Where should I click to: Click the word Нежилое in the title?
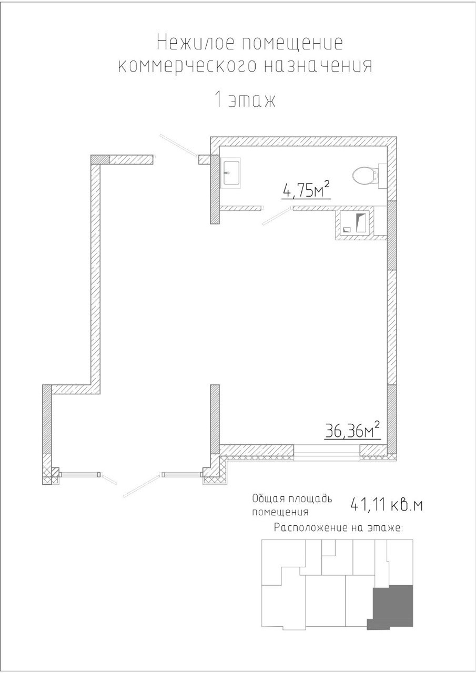point(195,43)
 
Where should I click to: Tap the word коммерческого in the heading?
point(187,66)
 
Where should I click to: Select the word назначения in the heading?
point(319,66)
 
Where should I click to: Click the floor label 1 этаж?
point(245,100)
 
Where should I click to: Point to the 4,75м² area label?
point(306,190)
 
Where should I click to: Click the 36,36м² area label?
point(352,431)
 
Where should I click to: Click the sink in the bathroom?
point(230,174)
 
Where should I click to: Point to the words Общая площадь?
point(292,499)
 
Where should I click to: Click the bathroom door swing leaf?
point(277,216)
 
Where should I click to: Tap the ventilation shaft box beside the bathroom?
point(355,224)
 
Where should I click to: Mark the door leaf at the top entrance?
point(178,146)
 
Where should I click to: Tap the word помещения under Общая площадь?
point(280,512)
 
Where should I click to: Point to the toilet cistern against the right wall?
point(382,176)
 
